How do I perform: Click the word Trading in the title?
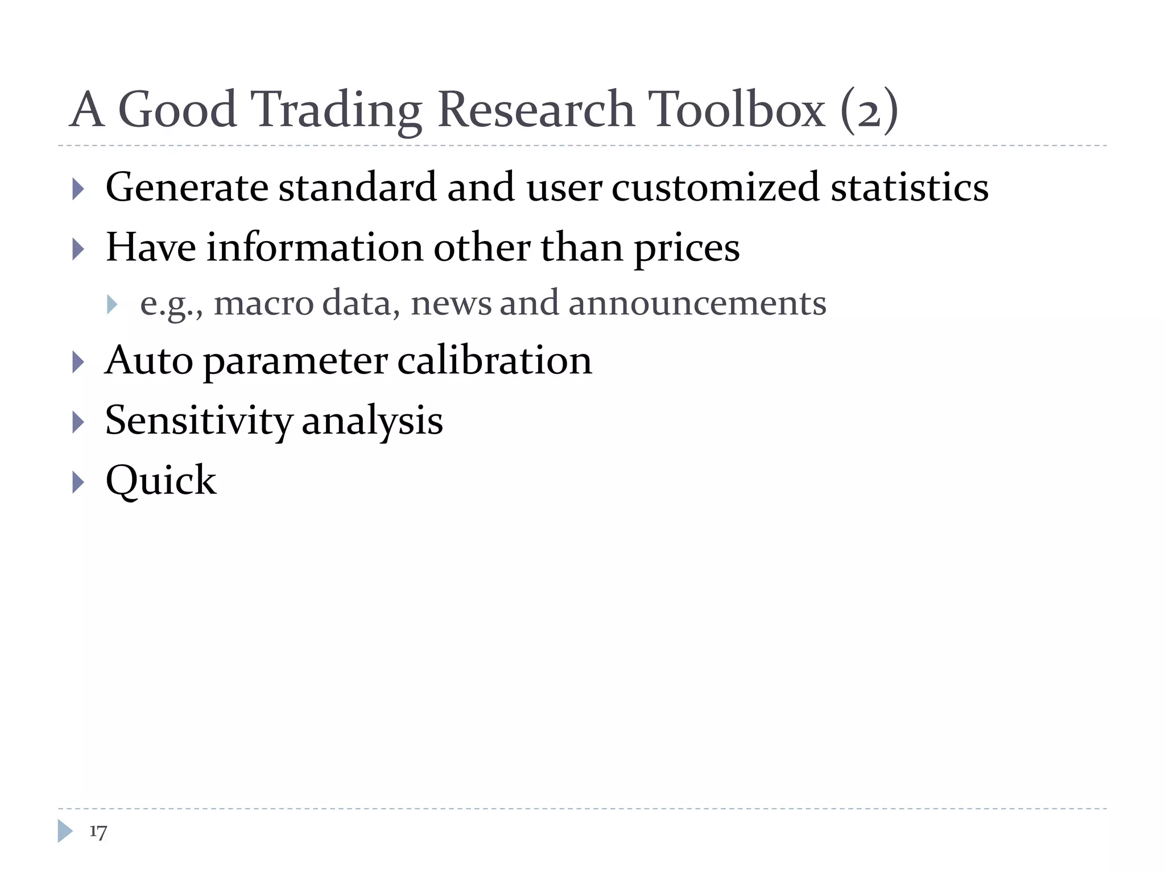[336, 110]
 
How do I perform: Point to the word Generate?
[187, 188]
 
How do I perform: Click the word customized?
[715, 188]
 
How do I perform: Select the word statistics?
[909, 188]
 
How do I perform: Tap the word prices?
[687, 249]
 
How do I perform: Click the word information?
[314, 248]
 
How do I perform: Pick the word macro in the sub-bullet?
[263, 304]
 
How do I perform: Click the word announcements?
[697, 304]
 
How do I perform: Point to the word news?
[451, 304]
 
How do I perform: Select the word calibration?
[494, 361]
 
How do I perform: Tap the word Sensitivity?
[199, 421]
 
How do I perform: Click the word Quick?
[161, 481]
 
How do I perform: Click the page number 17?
[98, 832]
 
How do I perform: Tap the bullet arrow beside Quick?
[79, 483]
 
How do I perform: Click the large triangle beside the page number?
[65, 831]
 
